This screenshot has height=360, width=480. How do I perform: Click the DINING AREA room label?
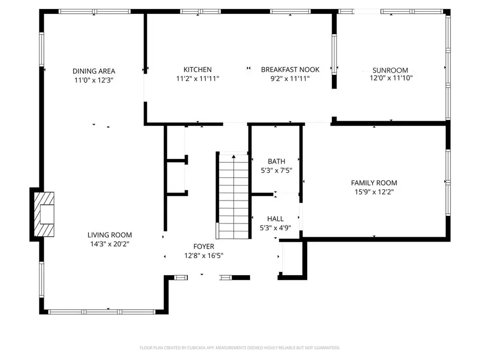coord(94,71)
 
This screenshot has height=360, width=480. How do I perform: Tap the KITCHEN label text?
coord(197,69)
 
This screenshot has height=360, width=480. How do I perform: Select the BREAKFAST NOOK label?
coord(290,69)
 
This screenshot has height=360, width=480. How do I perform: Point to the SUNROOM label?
coord(390,70)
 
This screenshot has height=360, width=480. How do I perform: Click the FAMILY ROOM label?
coord(373,182)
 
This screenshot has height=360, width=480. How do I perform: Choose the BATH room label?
coord(276,162)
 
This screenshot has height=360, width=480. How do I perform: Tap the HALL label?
coord(275,219)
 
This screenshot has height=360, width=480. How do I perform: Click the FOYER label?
coord(203,246)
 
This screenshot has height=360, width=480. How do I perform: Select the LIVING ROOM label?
coord(109,235)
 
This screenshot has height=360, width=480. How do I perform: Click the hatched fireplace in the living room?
coord(44,214)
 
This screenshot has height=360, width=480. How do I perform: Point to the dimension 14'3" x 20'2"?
coord(109,244)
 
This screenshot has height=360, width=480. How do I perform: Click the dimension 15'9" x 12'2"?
coord(373,191)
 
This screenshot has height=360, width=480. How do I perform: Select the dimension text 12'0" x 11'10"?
coord(391,78)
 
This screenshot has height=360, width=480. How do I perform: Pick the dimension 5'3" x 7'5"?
coord(276,171)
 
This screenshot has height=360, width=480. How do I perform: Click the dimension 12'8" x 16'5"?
coord(203,255)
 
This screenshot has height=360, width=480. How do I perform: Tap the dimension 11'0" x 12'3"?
coord(94,79)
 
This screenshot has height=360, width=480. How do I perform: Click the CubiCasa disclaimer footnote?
coord(239,348)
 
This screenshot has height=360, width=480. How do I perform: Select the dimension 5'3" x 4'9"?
coord(275,228)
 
